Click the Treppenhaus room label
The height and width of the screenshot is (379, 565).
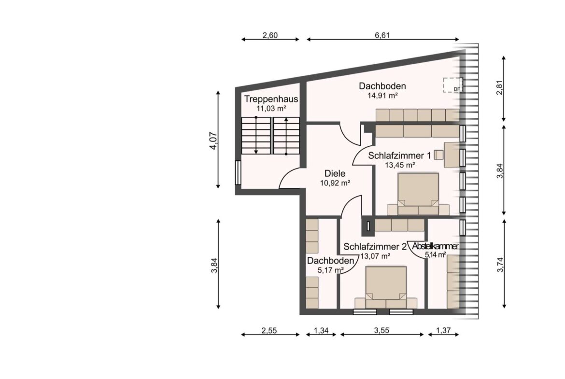click(271, 99)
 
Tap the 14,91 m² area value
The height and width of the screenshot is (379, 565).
click(382, 96)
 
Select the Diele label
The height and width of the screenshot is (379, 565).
click(335, 173)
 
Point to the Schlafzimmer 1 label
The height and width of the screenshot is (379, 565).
click(399, 156)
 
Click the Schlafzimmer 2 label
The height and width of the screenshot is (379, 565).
click(375, 247)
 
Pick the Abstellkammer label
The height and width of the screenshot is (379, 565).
click(435, 246)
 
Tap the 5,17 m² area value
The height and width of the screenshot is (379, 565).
click(330, 270)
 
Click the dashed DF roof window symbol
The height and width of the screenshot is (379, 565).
click(452, 85)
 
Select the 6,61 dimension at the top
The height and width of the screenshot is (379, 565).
click(382, 35)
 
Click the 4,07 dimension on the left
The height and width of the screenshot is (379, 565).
click(213, 141)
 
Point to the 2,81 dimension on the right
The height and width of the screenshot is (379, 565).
click(499, 87)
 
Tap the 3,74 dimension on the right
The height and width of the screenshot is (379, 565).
click(500, 265)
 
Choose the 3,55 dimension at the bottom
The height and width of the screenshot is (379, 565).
click(381, 330)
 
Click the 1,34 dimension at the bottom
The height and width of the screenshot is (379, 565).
click(321, 330)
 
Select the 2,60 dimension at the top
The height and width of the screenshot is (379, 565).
click(270, 35)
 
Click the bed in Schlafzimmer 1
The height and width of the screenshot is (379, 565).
click(418, 194)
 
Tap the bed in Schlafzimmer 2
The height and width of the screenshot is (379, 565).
click(386, 287)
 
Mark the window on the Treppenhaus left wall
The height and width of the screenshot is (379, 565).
click(238, 172)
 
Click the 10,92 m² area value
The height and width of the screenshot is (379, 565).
click(335, 183)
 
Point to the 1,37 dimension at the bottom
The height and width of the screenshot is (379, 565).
click(443, 330)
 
